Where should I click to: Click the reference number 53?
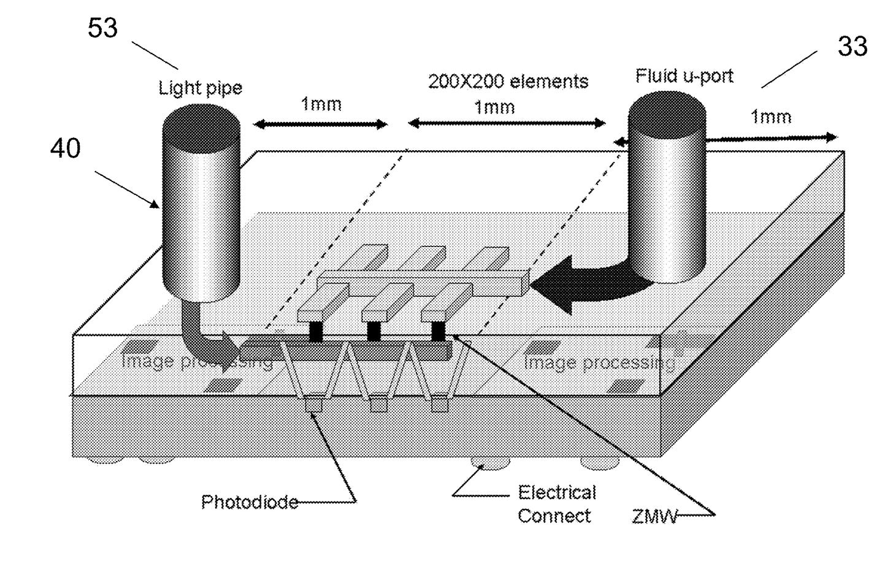coord(102,28)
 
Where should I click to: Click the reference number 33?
coord(852,47)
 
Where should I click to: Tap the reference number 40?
coord(65,148)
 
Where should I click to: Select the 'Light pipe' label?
coord(200,88)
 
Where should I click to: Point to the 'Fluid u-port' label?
coord(684,76)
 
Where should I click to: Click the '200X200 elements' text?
coord(508,82)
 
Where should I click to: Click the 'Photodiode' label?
coord(249,502)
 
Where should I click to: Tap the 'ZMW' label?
coord(654,517)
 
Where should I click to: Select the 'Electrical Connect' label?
coord(556,504)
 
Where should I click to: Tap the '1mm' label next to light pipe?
coord(321,104)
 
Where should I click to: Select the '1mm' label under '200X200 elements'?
coord(494,108)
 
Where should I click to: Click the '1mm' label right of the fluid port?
coord(771,117)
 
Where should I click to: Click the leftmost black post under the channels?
coord(315,332)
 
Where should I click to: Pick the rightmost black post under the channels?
coord(438,332)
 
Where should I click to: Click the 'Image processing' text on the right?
coord(599,362)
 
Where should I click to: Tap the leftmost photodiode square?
coord(313,405)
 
